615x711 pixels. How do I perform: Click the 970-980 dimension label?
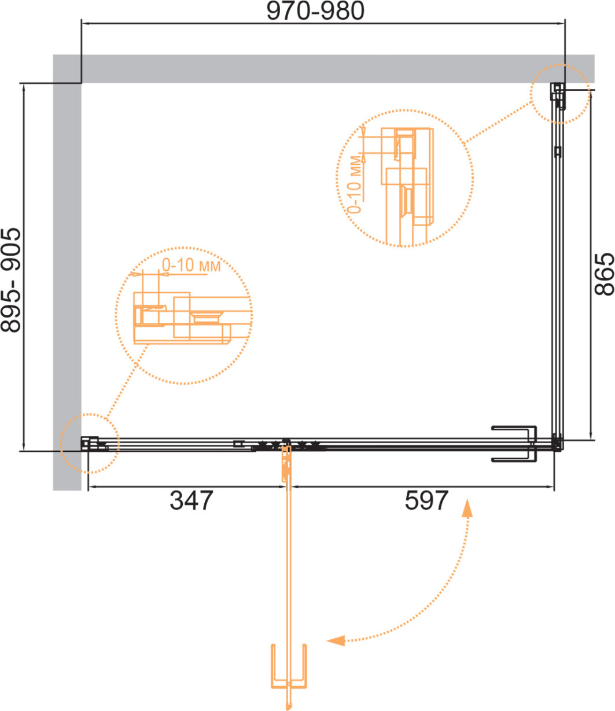tap(315, 11)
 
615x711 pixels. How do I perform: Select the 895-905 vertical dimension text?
tap(11, 279)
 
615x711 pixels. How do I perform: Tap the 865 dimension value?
tap(605, 274)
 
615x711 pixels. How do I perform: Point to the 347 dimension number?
tap(192, 501)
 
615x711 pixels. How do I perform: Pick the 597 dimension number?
tap(426, 501)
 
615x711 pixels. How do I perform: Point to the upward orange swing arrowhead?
tap(467, 509)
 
